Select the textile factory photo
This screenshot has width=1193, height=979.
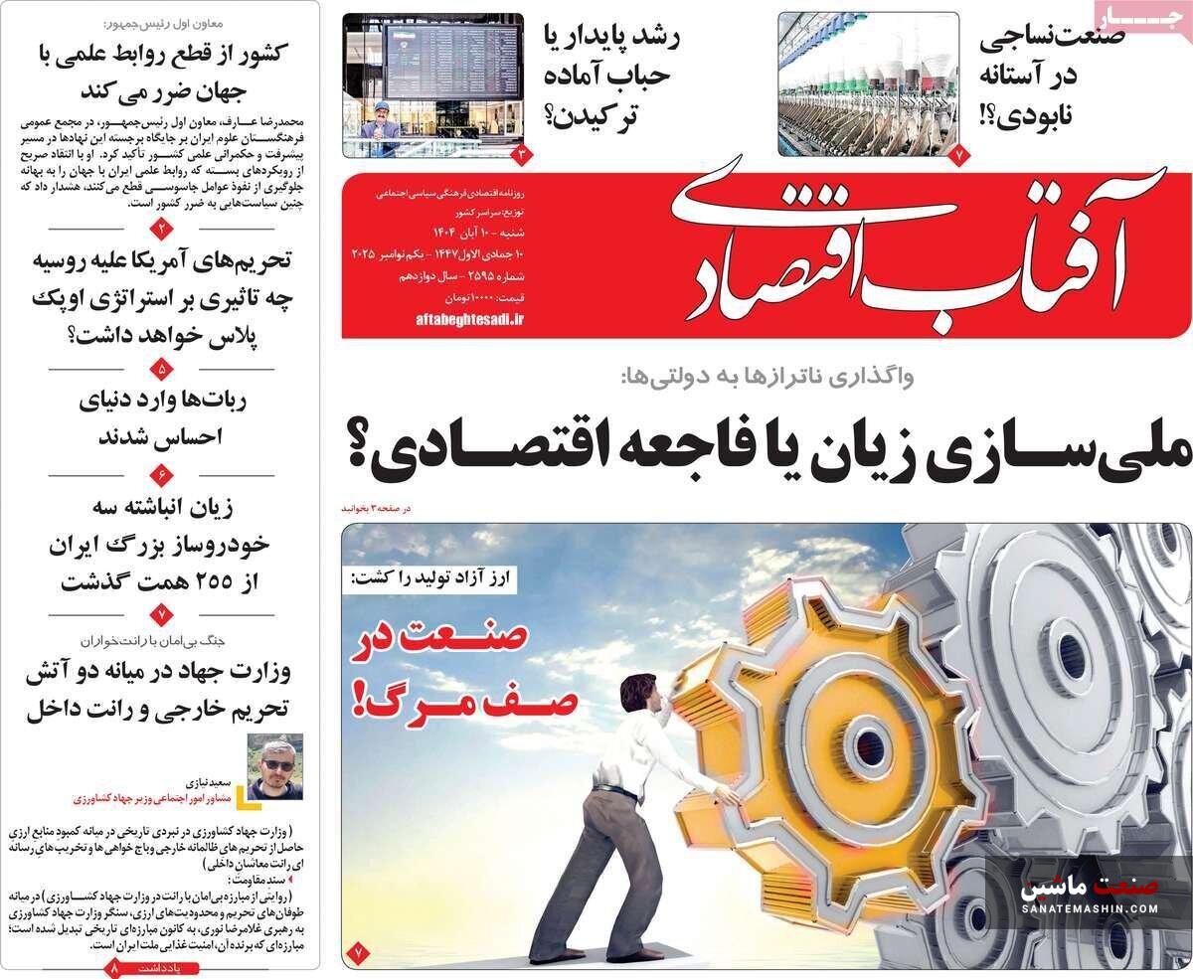[868, 84]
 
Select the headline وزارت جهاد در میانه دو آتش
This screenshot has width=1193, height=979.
[159, 691]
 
